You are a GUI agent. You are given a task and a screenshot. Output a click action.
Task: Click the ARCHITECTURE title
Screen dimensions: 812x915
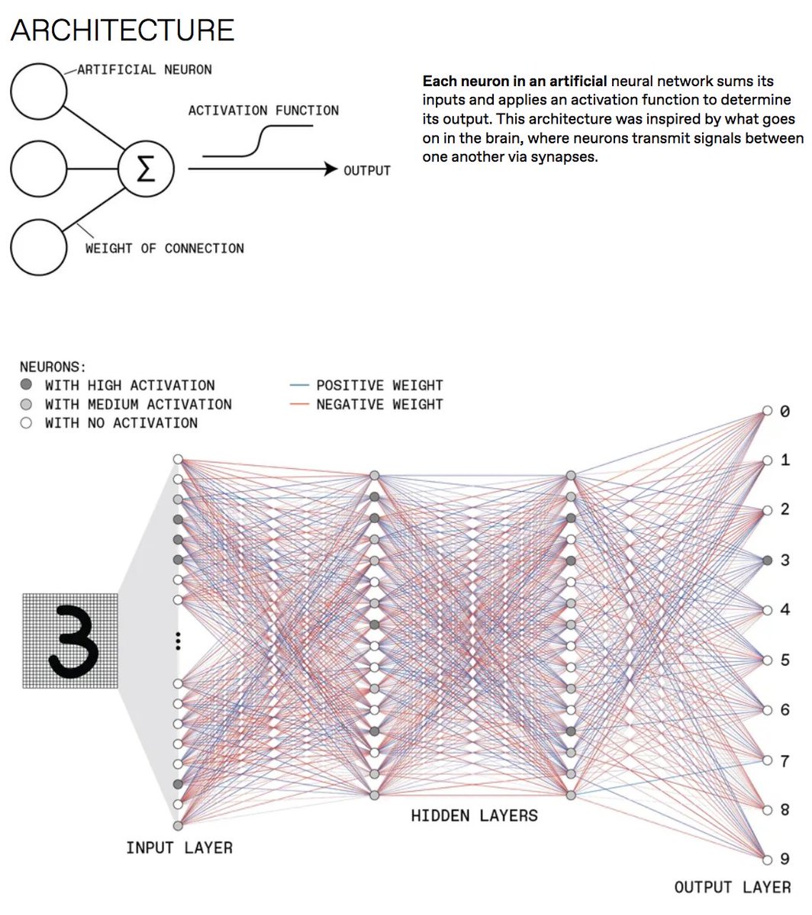(x=122, y=30)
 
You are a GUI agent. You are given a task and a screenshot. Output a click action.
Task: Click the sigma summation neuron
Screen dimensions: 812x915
(x=146, y=169)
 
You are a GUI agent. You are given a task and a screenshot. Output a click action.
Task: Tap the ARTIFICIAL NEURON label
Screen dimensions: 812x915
(x=144, y=69)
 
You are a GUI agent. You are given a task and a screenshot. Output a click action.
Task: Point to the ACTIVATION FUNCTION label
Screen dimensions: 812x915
(x=263, y=111)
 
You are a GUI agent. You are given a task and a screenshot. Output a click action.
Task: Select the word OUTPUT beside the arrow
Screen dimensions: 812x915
(x=367, y=170)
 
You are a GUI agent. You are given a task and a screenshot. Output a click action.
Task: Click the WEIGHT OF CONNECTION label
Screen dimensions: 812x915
(x=164, y=249)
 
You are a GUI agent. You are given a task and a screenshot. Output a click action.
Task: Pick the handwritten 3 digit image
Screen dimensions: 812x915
(x=70, y=640)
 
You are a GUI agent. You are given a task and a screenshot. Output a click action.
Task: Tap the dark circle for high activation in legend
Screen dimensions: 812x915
(x=26, y=385)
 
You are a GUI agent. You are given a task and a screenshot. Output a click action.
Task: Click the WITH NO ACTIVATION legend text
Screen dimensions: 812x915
(x=121, y=423)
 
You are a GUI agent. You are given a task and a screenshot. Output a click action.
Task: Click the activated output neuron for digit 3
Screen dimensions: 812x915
(x=768, y=560)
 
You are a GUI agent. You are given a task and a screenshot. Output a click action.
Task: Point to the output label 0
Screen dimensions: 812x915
(x=785, y=412)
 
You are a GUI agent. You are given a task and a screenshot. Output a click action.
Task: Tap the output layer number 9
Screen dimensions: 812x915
(x=785, y=859)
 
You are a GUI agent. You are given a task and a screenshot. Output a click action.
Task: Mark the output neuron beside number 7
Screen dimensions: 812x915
(x=768, y=760)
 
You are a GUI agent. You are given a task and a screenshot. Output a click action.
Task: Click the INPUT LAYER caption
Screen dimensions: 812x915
(x=179, y=847)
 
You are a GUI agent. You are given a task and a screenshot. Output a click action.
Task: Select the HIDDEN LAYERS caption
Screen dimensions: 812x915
(x=474, y=816)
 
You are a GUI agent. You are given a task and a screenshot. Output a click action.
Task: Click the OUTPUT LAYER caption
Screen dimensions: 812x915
(x=732, y=887)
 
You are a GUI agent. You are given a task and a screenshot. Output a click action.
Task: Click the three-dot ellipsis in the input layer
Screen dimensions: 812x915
(x=178, y=640)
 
